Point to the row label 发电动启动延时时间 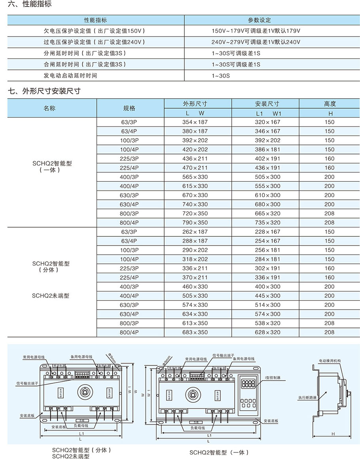pos(70,75)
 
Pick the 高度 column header pos(330,104)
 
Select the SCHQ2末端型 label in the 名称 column pos(51,296)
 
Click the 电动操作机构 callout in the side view pos(330,361)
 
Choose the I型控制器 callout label pos(273,378)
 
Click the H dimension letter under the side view pos(333,434)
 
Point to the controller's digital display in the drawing pos(248,383)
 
